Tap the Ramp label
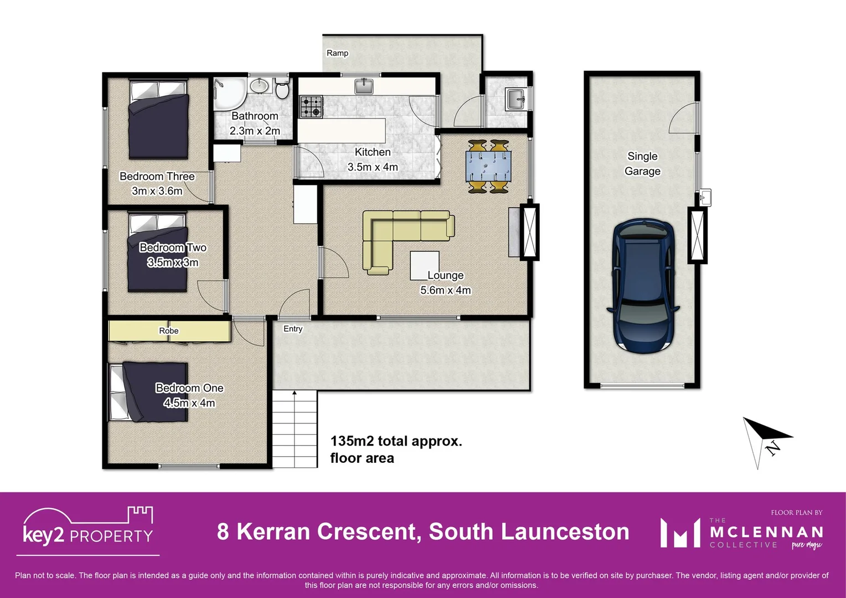[337, 53]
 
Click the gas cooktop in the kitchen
[311, 106]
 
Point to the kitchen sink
[364, 86]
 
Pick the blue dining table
[489, 166]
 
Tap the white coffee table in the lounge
[424, 265]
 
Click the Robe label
[169, 331]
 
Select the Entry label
[293, 329]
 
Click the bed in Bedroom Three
[158, 119]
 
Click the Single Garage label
[642, 164]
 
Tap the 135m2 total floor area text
[396, 449]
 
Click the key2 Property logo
[87, 529]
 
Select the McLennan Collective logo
[741, 532]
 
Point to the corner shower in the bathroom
[229, 94]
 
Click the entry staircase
[295, 428]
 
